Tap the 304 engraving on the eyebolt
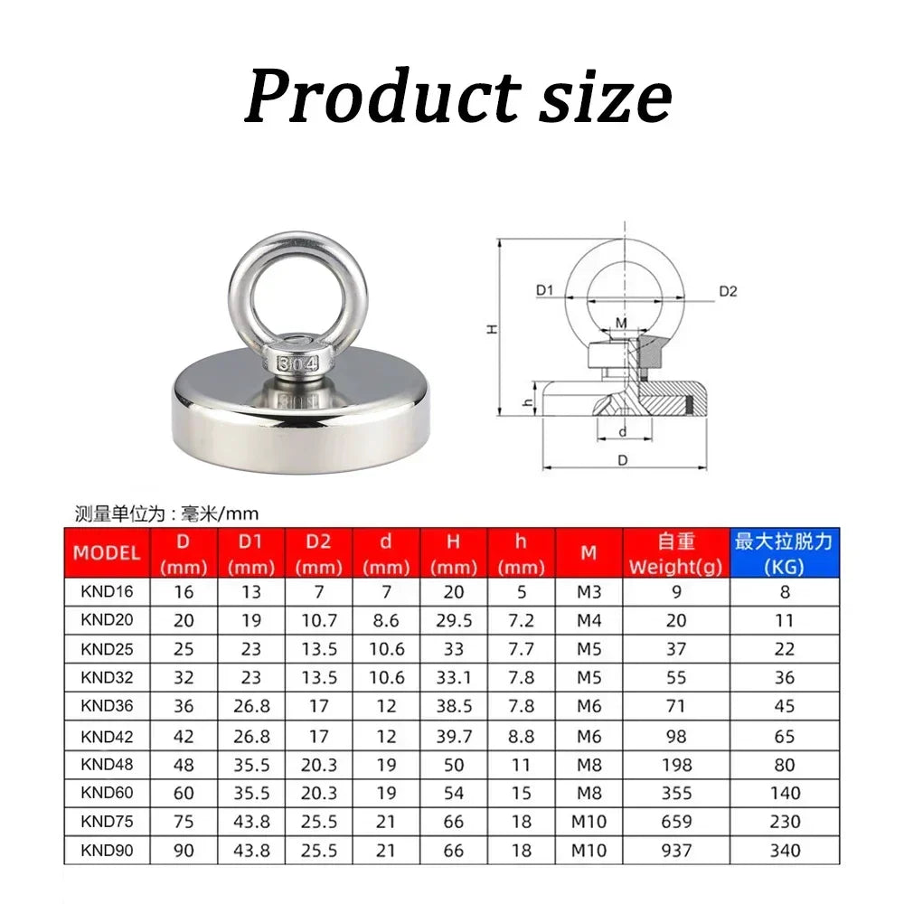[298, 364]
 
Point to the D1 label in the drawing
[543, 291]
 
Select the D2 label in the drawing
[728, 291]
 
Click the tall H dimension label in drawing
[493, 329]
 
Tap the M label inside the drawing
[620, 323]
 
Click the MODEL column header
[107, 552]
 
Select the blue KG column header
[784, 553]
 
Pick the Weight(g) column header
[675, 553]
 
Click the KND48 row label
[107, 764]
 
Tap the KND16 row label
[107, 593]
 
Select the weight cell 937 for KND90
[675, 851]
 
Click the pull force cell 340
[784, 851]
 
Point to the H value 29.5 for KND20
[454, 621]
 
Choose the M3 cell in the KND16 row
[589, 593]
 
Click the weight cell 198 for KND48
[675, 765]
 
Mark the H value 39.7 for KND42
[454, 737]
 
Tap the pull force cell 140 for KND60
[784, 794]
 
